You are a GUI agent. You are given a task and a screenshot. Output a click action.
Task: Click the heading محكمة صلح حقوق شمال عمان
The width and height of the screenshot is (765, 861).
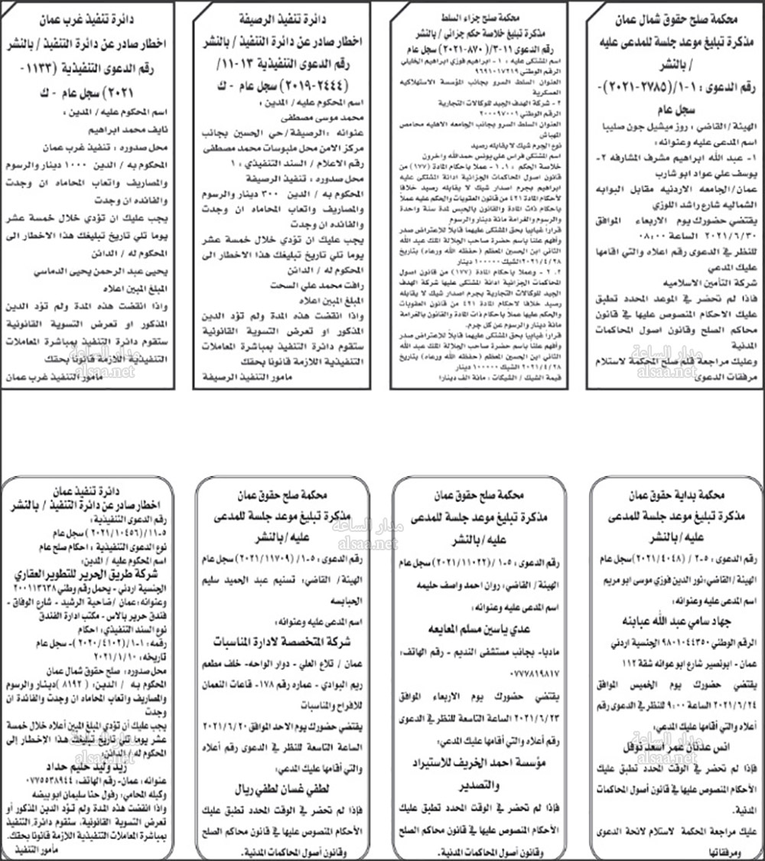[673, 16]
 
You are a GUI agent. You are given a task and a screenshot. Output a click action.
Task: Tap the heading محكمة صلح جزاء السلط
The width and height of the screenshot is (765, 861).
[478, 16]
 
